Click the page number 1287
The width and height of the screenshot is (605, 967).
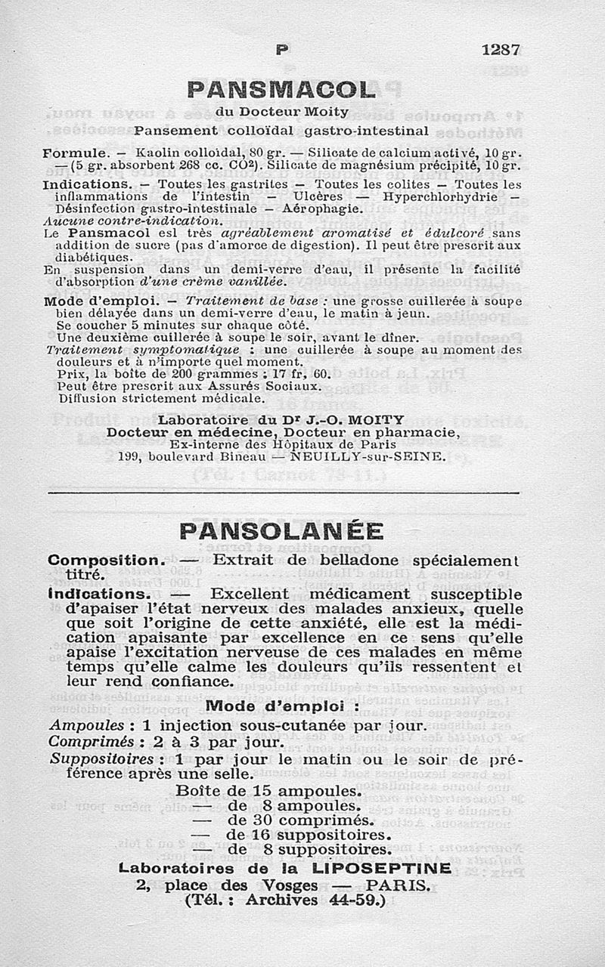[x=500, y=50]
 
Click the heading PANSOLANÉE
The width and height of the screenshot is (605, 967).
[x=281, y=531]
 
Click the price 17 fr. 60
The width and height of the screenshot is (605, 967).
[x=301, y=374]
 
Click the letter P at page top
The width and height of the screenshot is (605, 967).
[x=282, y=51]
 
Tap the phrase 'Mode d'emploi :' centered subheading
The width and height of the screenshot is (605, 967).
[x=282, y=706]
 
